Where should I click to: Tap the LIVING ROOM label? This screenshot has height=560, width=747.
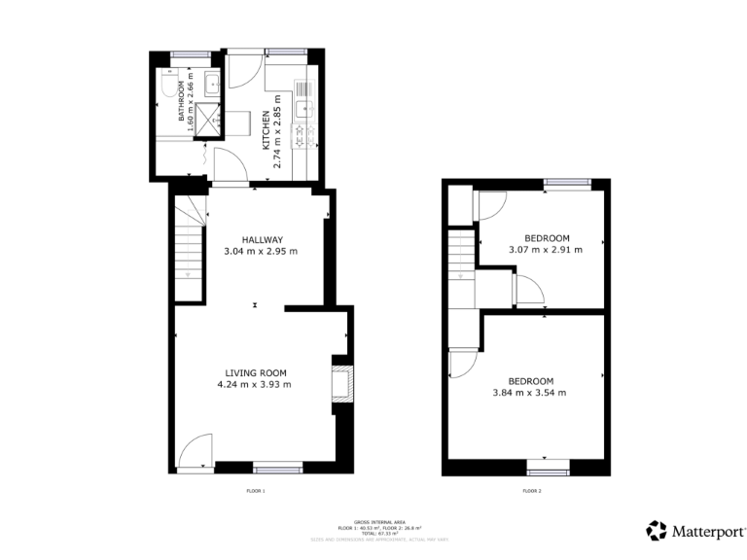[255, 372]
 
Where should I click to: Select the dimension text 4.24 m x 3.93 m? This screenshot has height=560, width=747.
[255, 384]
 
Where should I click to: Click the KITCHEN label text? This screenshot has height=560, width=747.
[265, 129]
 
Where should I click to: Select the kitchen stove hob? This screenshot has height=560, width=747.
[302, 132]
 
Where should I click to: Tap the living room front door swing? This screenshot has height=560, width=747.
[194, 450]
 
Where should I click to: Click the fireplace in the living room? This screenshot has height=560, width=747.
[341, 385]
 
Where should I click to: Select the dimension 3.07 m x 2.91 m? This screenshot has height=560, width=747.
[547, 250]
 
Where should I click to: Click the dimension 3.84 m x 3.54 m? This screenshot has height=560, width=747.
[530, 393]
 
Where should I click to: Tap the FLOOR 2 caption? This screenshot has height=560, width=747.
[532, 491]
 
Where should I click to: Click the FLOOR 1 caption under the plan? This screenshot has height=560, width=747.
[256, 491]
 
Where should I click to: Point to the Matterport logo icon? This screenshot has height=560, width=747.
[657, 531]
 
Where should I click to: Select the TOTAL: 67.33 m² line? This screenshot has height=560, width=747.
[373, 533]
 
